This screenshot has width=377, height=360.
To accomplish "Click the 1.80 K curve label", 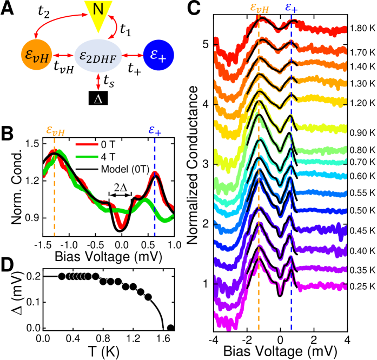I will (361, 28).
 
